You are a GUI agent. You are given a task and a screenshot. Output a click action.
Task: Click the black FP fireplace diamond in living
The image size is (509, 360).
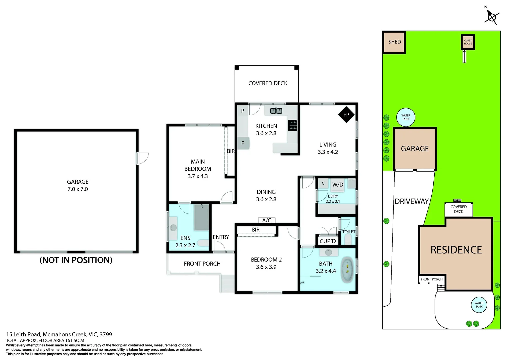[x=346, y=115]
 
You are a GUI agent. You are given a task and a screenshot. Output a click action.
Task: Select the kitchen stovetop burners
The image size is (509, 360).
[x=292, y=125]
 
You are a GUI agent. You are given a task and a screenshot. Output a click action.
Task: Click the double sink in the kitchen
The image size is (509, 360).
[x=276, y=111]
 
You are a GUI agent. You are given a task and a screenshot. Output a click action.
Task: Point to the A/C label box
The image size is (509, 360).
[x=267, y=220]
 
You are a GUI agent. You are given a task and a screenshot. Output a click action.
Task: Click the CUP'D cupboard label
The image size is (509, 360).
[x=328, y=241]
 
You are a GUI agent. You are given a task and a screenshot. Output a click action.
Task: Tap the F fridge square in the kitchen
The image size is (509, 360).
[x=243, y=143]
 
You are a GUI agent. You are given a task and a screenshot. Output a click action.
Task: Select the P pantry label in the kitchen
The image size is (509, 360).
[x=243, y=111]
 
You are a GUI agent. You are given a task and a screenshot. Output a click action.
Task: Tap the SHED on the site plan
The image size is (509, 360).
[x=394, y=42]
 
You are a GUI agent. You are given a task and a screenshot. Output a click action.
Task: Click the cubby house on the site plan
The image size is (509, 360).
[x=468, y=42]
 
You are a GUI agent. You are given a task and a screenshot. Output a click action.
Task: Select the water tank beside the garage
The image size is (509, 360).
[x=406, y=117]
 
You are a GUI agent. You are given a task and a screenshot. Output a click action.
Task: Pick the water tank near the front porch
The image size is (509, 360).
[x=479, y=305]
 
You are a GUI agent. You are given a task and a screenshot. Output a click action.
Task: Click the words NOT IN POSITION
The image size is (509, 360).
[x=76, y=260]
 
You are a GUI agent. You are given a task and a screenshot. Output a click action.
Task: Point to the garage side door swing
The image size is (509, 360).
[x=142, y=158]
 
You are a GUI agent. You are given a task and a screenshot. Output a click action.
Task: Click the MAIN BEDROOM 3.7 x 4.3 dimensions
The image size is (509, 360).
[x=198, y=176]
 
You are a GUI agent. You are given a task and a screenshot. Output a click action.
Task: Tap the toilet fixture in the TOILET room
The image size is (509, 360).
[x=348, y=239]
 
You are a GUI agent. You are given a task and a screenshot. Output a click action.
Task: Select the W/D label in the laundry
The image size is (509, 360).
[x=338, y=185]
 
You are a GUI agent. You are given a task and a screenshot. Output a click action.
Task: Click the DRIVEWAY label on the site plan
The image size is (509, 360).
[x=411, y=201]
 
